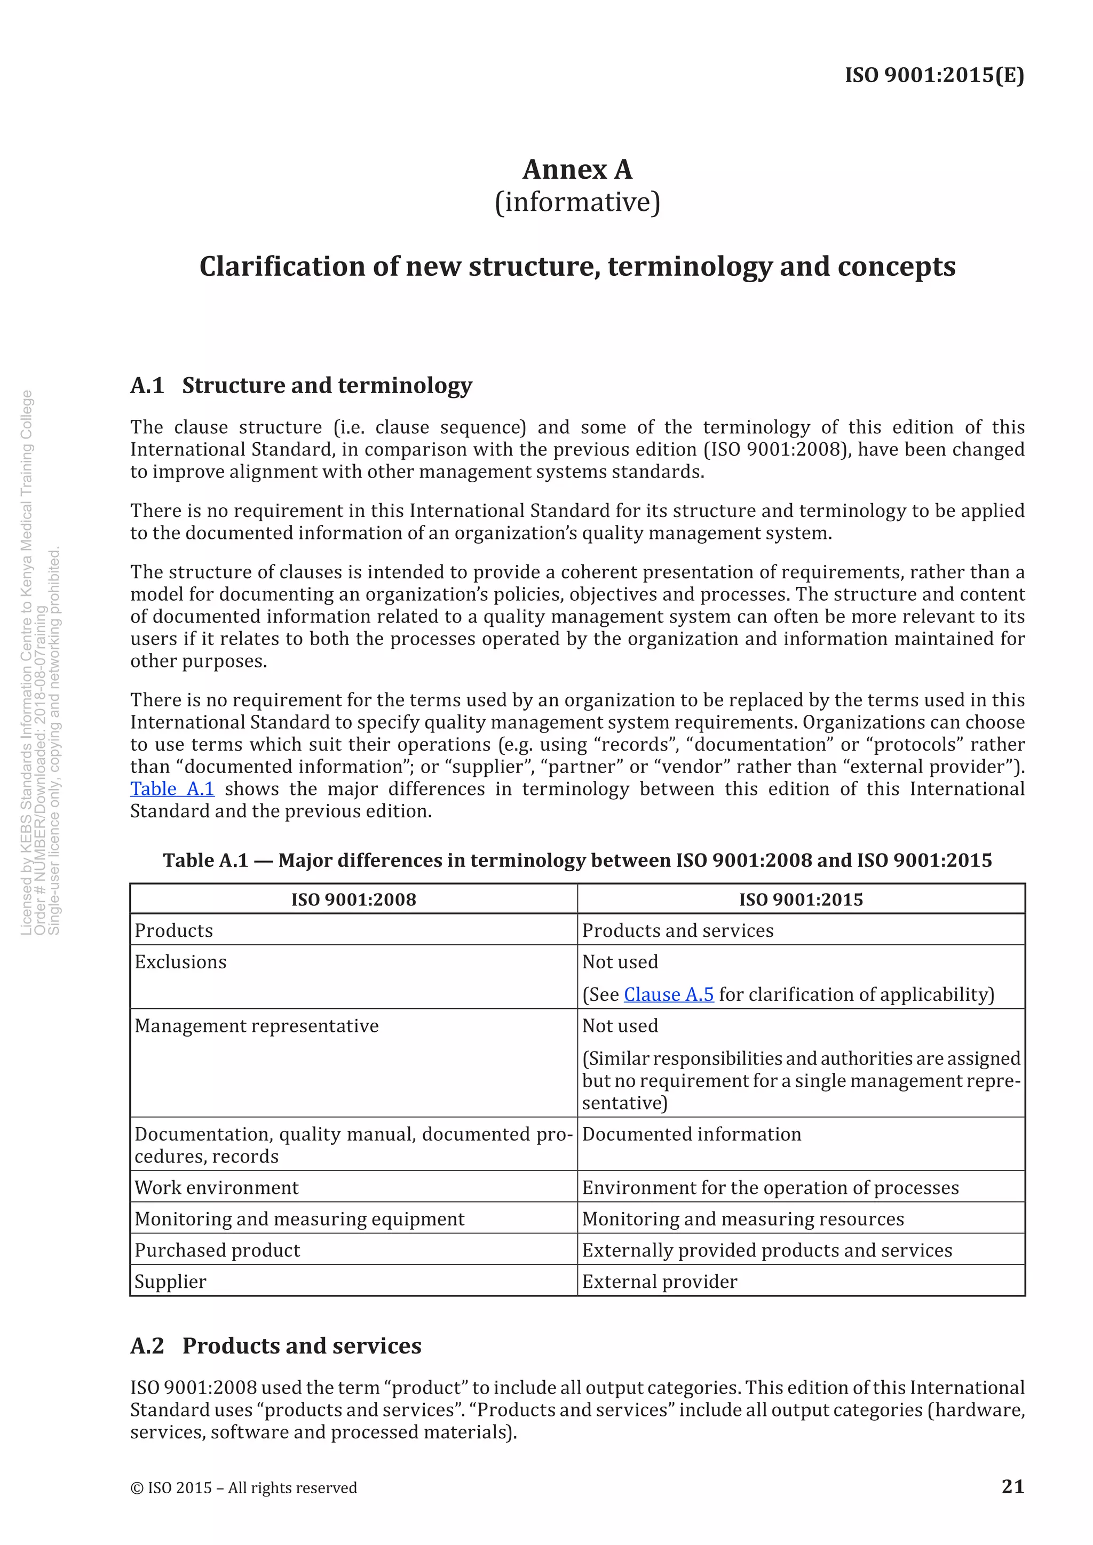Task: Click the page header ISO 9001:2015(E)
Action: coord(934,75)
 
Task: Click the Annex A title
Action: coord(577,170)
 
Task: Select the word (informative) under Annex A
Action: coord(577,202)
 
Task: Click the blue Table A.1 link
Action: coord(172,789)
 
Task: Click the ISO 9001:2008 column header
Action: coord(353,899)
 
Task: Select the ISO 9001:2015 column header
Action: coord(801,899)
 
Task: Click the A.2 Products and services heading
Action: coord(276,1346)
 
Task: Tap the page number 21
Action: coord(1012,1486)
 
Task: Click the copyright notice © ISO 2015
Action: coord(244,1488)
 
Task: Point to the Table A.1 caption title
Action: coord(577,861)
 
